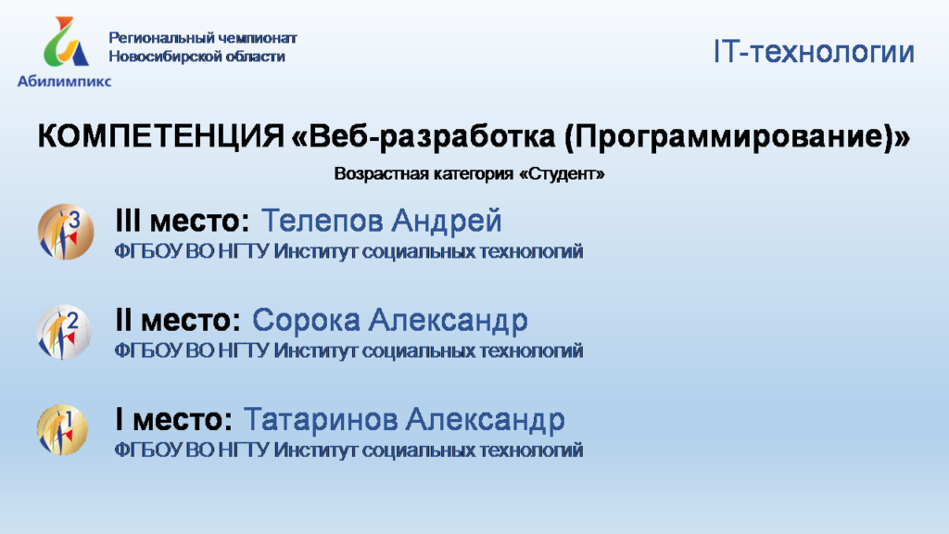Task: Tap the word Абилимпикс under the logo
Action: pyautogui.click(x=64, y=81)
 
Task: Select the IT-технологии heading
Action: pyautogui.click(x=814, y=52)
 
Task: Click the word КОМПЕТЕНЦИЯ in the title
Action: pyautogui.click(x=161, y=135)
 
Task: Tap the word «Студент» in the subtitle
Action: pyautogui.click(x=562, y=173)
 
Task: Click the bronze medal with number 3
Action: pyautogui.click(x=66, y=232)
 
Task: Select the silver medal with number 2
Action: pyautogui.click(x=64, y=332)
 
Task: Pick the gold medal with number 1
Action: pyautogui.click(x=62, y=430)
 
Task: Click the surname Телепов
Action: pyautogui.click(x=322, y=221)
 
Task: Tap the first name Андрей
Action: pyautogui.click(x=446, y=222)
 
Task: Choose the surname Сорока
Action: pyautogui.click(x=306, y=320)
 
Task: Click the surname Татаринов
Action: pyautogui.click(x=320, y=420)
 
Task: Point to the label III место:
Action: pyautogui.click(x=183, y=221)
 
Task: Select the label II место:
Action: pyautogui.click(x=178, y=320)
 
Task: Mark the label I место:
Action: pyautogui.click(x=173, y=420)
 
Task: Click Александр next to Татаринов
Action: pyautogui.click(x=486, y=420)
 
